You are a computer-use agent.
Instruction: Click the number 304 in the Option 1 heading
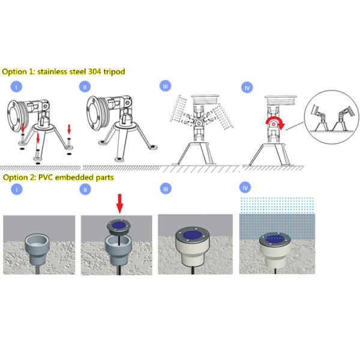pos(94,71)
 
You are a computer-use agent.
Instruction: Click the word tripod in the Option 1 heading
pos(114,72)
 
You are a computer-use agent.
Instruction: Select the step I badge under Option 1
pos(16,87)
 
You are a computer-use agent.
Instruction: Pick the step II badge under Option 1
pos(85,87)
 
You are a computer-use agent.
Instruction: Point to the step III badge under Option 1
pos(166,86)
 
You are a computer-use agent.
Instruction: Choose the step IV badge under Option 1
pos(247,88)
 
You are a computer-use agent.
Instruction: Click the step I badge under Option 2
pos(17,190)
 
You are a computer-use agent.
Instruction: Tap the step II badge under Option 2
pos(85,190)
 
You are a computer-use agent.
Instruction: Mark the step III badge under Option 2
pos(166,189)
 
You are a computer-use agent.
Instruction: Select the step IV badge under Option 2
pos(245,188)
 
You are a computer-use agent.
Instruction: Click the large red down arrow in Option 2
pos(119,203)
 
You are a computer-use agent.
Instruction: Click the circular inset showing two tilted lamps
pos(332,117)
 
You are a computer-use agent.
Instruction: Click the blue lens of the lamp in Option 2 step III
pos(192,235)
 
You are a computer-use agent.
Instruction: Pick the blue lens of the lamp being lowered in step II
pos(119,225)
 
